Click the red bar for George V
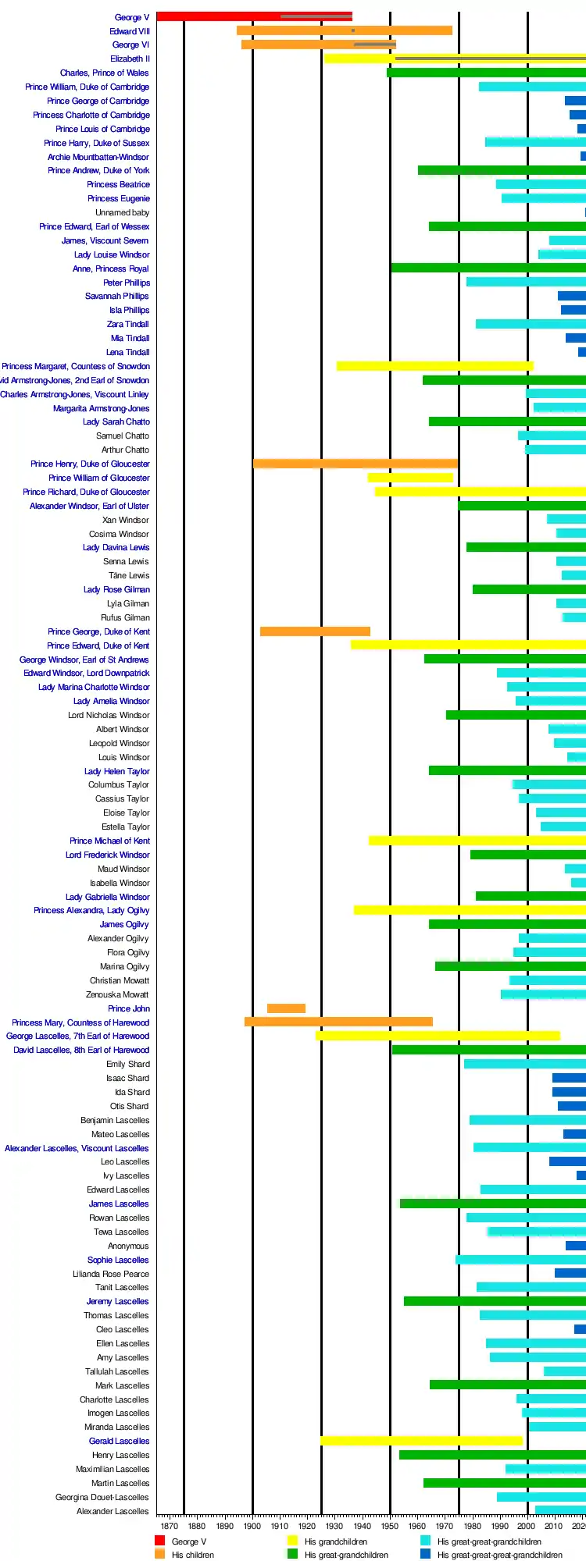point(219,16)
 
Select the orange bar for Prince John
point(286,1008)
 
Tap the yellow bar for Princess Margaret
point(434,366)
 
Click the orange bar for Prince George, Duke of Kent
point(315,631)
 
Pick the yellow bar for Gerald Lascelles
point(421,1441)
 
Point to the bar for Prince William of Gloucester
point(410,478)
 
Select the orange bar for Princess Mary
point(338,1022)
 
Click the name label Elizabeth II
point(130,59)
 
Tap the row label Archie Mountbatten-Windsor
point(98,157)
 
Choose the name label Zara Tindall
point(127,324)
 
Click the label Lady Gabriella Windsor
point(107,897)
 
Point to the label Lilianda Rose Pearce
point(110,1274)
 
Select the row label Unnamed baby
point(122,212)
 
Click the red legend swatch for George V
point(159,1541)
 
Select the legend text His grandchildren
point(335,1541)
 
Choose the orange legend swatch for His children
point(159,1554)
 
